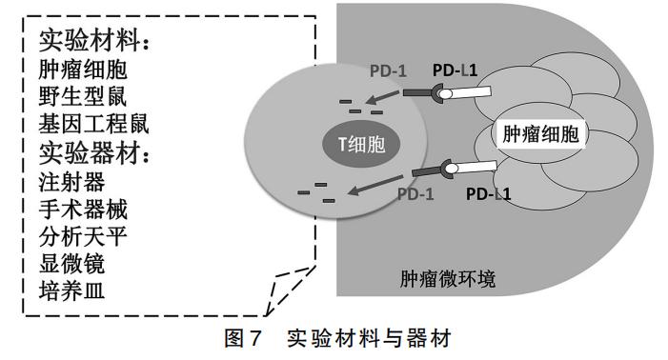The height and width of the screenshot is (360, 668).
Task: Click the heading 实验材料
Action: tap(92, 41)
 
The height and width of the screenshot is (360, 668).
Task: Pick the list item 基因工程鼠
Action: tap(93, 124)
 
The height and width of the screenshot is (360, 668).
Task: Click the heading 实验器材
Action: tap(92, 152)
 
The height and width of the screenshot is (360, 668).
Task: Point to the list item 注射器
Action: tap(72, 180)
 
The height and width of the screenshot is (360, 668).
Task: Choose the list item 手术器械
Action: tap(83, 208)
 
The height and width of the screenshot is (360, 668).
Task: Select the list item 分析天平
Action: tap(83, 235)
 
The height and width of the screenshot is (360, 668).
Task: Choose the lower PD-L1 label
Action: tap(490, 196)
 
